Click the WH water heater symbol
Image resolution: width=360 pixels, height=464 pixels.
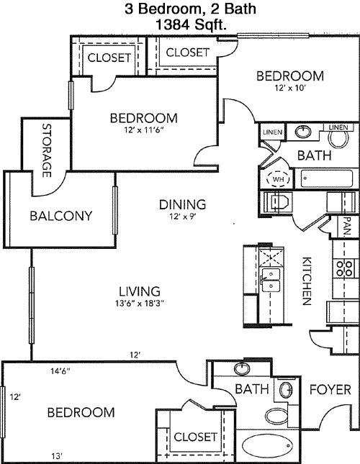[x=278, y=179]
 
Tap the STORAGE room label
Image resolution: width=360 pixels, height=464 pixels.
[x=47, y=150]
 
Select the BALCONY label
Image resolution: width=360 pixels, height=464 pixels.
[x=61, y=216]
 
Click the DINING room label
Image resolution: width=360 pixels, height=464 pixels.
[x=182, y=204]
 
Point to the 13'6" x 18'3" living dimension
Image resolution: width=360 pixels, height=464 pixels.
[x=140, y=304]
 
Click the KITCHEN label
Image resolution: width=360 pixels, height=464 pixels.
[x=307, y=281]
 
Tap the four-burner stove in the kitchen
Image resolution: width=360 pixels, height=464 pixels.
[x=343, y=268]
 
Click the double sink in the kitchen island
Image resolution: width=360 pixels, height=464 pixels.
[x=270, y=280]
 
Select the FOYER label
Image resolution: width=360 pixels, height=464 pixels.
[x=330, y=390]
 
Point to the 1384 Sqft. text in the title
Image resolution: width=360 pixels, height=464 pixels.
[x=191, y=24]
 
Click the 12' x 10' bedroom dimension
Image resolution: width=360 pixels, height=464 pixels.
[x=290, y=88]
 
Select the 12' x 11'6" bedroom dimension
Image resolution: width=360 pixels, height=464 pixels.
[x=144, y=129]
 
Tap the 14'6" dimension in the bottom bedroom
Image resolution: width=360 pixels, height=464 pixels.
[x=60, y=370]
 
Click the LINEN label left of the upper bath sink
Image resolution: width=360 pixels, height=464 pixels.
[x=272, y=132]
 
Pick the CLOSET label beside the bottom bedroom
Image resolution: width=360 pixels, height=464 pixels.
[x=195, y=437]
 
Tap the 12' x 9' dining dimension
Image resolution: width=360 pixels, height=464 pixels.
[x=183, y=217]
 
